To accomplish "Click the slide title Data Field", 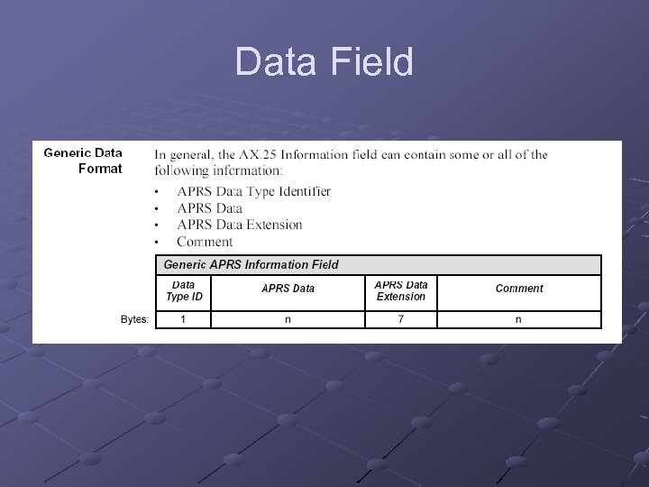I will point(324,62).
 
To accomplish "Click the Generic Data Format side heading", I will point(83,161).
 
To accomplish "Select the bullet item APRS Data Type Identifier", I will point(253,191).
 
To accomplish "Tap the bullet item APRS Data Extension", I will point(239,225).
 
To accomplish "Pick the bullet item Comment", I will point(205,242).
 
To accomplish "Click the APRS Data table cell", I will point(288,289).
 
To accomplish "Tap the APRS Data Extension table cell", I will point(401,290).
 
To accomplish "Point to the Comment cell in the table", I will point(519,289).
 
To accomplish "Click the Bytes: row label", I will point(135,319).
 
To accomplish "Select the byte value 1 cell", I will point(184,319).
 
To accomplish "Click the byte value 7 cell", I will point(401,319).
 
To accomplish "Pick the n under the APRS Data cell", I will point(288,319).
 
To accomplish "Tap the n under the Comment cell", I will point(518,319).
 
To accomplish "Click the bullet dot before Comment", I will point(157,243).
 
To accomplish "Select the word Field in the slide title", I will point(372,62).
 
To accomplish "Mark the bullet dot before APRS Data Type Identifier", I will point(157,192).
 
